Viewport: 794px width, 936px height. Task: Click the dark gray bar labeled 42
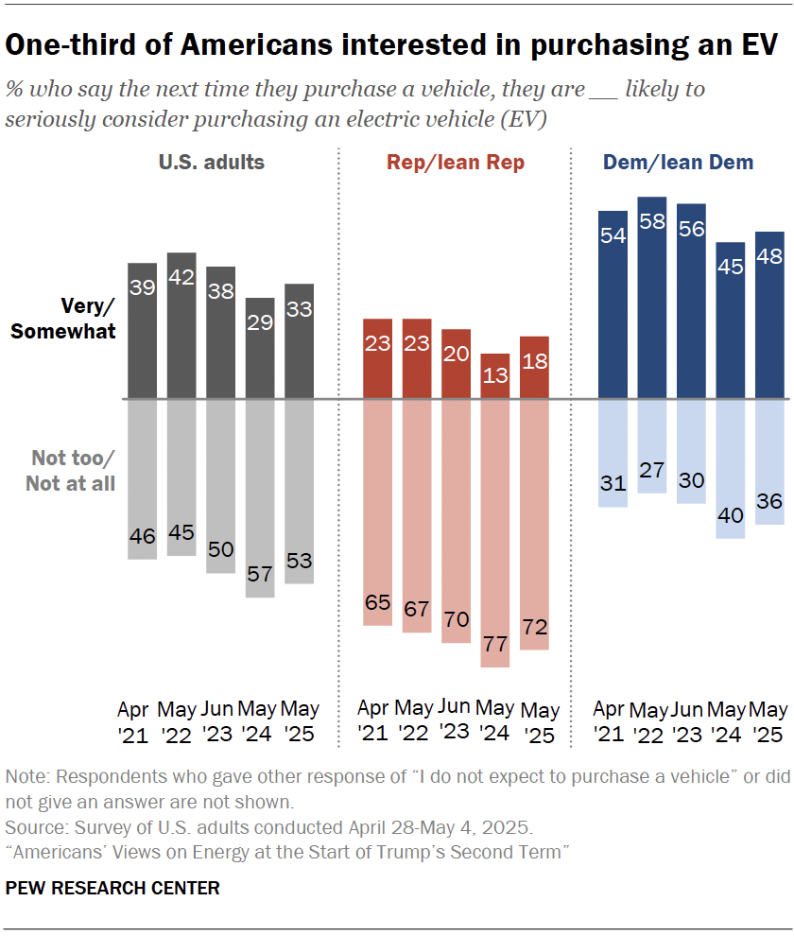click(181, 325)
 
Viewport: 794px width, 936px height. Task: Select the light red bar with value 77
click(495, 533)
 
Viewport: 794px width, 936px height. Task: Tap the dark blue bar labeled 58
click(652, 298)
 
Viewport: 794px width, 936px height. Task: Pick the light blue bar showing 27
click(652, 445)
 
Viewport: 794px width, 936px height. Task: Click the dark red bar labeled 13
click(495, 376)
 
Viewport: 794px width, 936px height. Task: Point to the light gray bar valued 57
click(260, 498)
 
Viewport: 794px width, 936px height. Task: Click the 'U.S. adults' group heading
click(211, 162)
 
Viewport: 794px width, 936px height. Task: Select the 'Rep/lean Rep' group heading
click(456, 163)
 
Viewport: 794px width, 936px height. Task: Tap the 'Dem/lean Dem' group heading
click(678, 163)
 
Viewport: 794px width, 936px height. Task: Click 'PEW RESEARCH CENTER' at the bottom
click(112, 888)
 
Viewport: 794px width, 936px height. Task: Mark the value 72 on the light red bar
click(534, 627)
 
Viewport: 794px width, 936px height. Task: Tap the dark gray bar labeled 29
click(260, 348)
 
